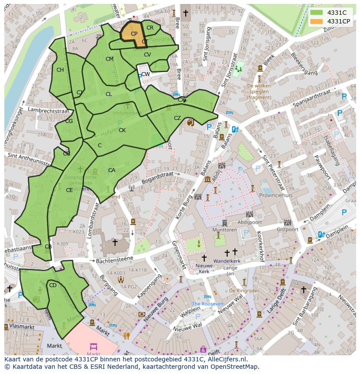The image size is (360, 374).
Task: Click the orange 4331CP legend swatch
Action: (x=316, y=21)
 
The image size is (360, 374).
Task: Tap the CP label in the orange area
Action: (x=134, y=34)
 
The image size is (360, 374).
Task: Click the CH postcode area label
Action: (x=60, y=70)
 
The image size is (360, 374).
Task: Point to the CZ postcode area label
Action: (x=177, y=118)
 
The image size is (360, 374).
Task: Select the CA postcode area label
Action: (x=112, y=170)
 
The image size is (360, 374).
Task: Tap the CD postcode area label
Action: (x=53, y=285)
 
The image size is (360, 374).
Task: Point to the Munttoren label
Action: (x=225, y=229)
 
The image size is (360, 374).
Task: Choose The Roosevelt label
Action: (x=207, y=304)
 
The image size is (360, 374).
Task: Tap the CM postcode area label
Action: (x=110, y=59)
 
